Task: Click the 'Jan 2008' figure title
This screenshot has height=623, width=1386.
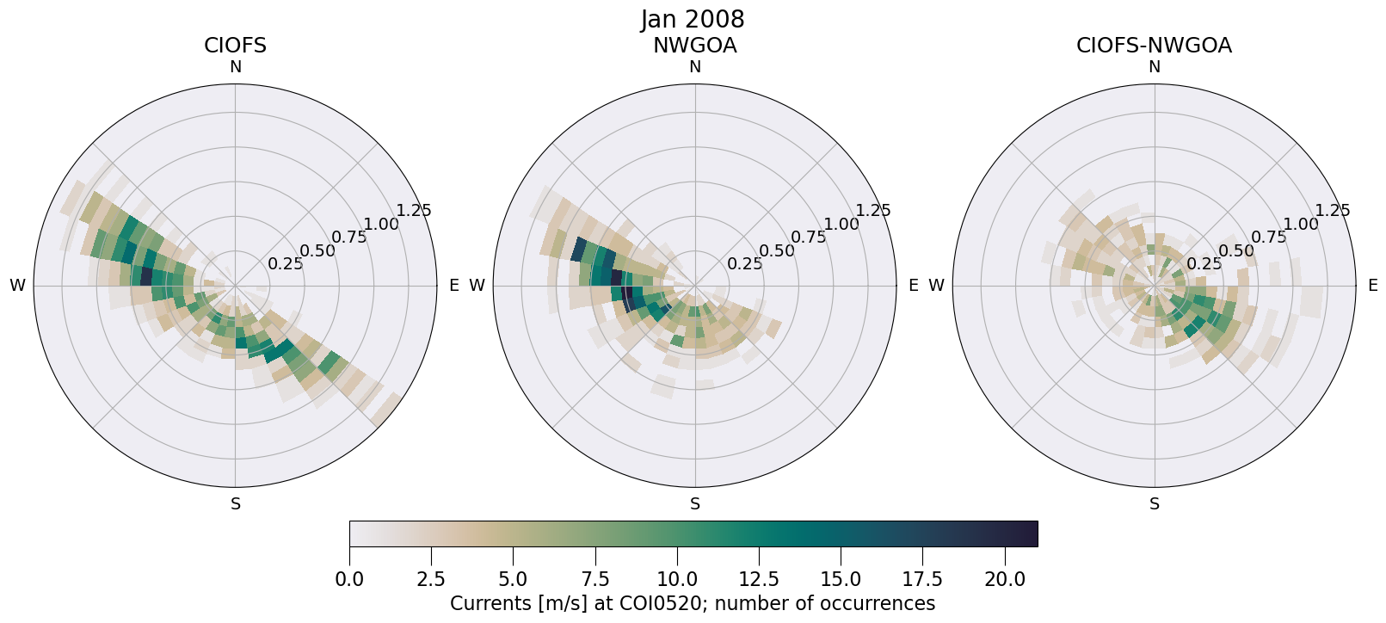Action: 693,20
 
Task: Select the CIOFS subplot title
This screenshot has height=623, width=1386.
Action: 235,46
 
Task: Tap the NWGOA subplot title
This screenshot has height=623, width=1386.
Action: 694,46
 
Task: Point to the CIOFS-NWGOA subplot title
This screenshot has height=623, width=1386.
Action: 1154,46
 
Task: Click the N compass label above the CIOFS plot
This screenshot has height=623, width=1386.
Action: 235,67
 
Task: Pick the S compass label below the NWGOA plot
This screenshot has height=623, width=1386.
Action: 695,504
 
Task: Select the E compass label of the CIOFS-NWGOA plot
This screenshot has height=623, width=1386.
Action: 1373,286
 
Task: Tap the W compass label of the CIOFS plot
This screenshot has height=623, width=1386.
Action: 17,286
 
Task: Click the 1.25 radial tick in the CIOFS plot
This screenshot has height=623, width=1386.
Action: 414,211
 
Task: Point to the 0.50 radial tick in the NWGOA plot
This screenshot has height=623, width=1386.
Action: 777,251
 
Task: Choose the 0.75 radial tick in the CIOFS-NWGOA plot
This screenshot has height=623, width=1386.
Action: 1268,237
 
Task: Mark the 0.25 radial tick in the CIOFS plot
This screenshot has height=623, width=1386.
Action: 285,264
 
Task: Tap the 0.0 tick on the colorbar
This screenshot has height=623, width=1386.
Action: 349,580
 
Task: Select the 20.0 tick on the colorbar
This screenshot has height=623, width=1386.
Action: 1004,580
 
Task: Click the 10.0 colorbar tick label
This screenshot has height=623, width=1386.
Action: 677,580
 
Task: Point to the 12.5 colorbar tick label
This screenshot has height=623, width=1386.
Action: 759,580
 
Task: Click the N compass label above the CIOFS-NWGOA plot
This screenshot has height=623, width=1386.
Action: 1155,67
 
